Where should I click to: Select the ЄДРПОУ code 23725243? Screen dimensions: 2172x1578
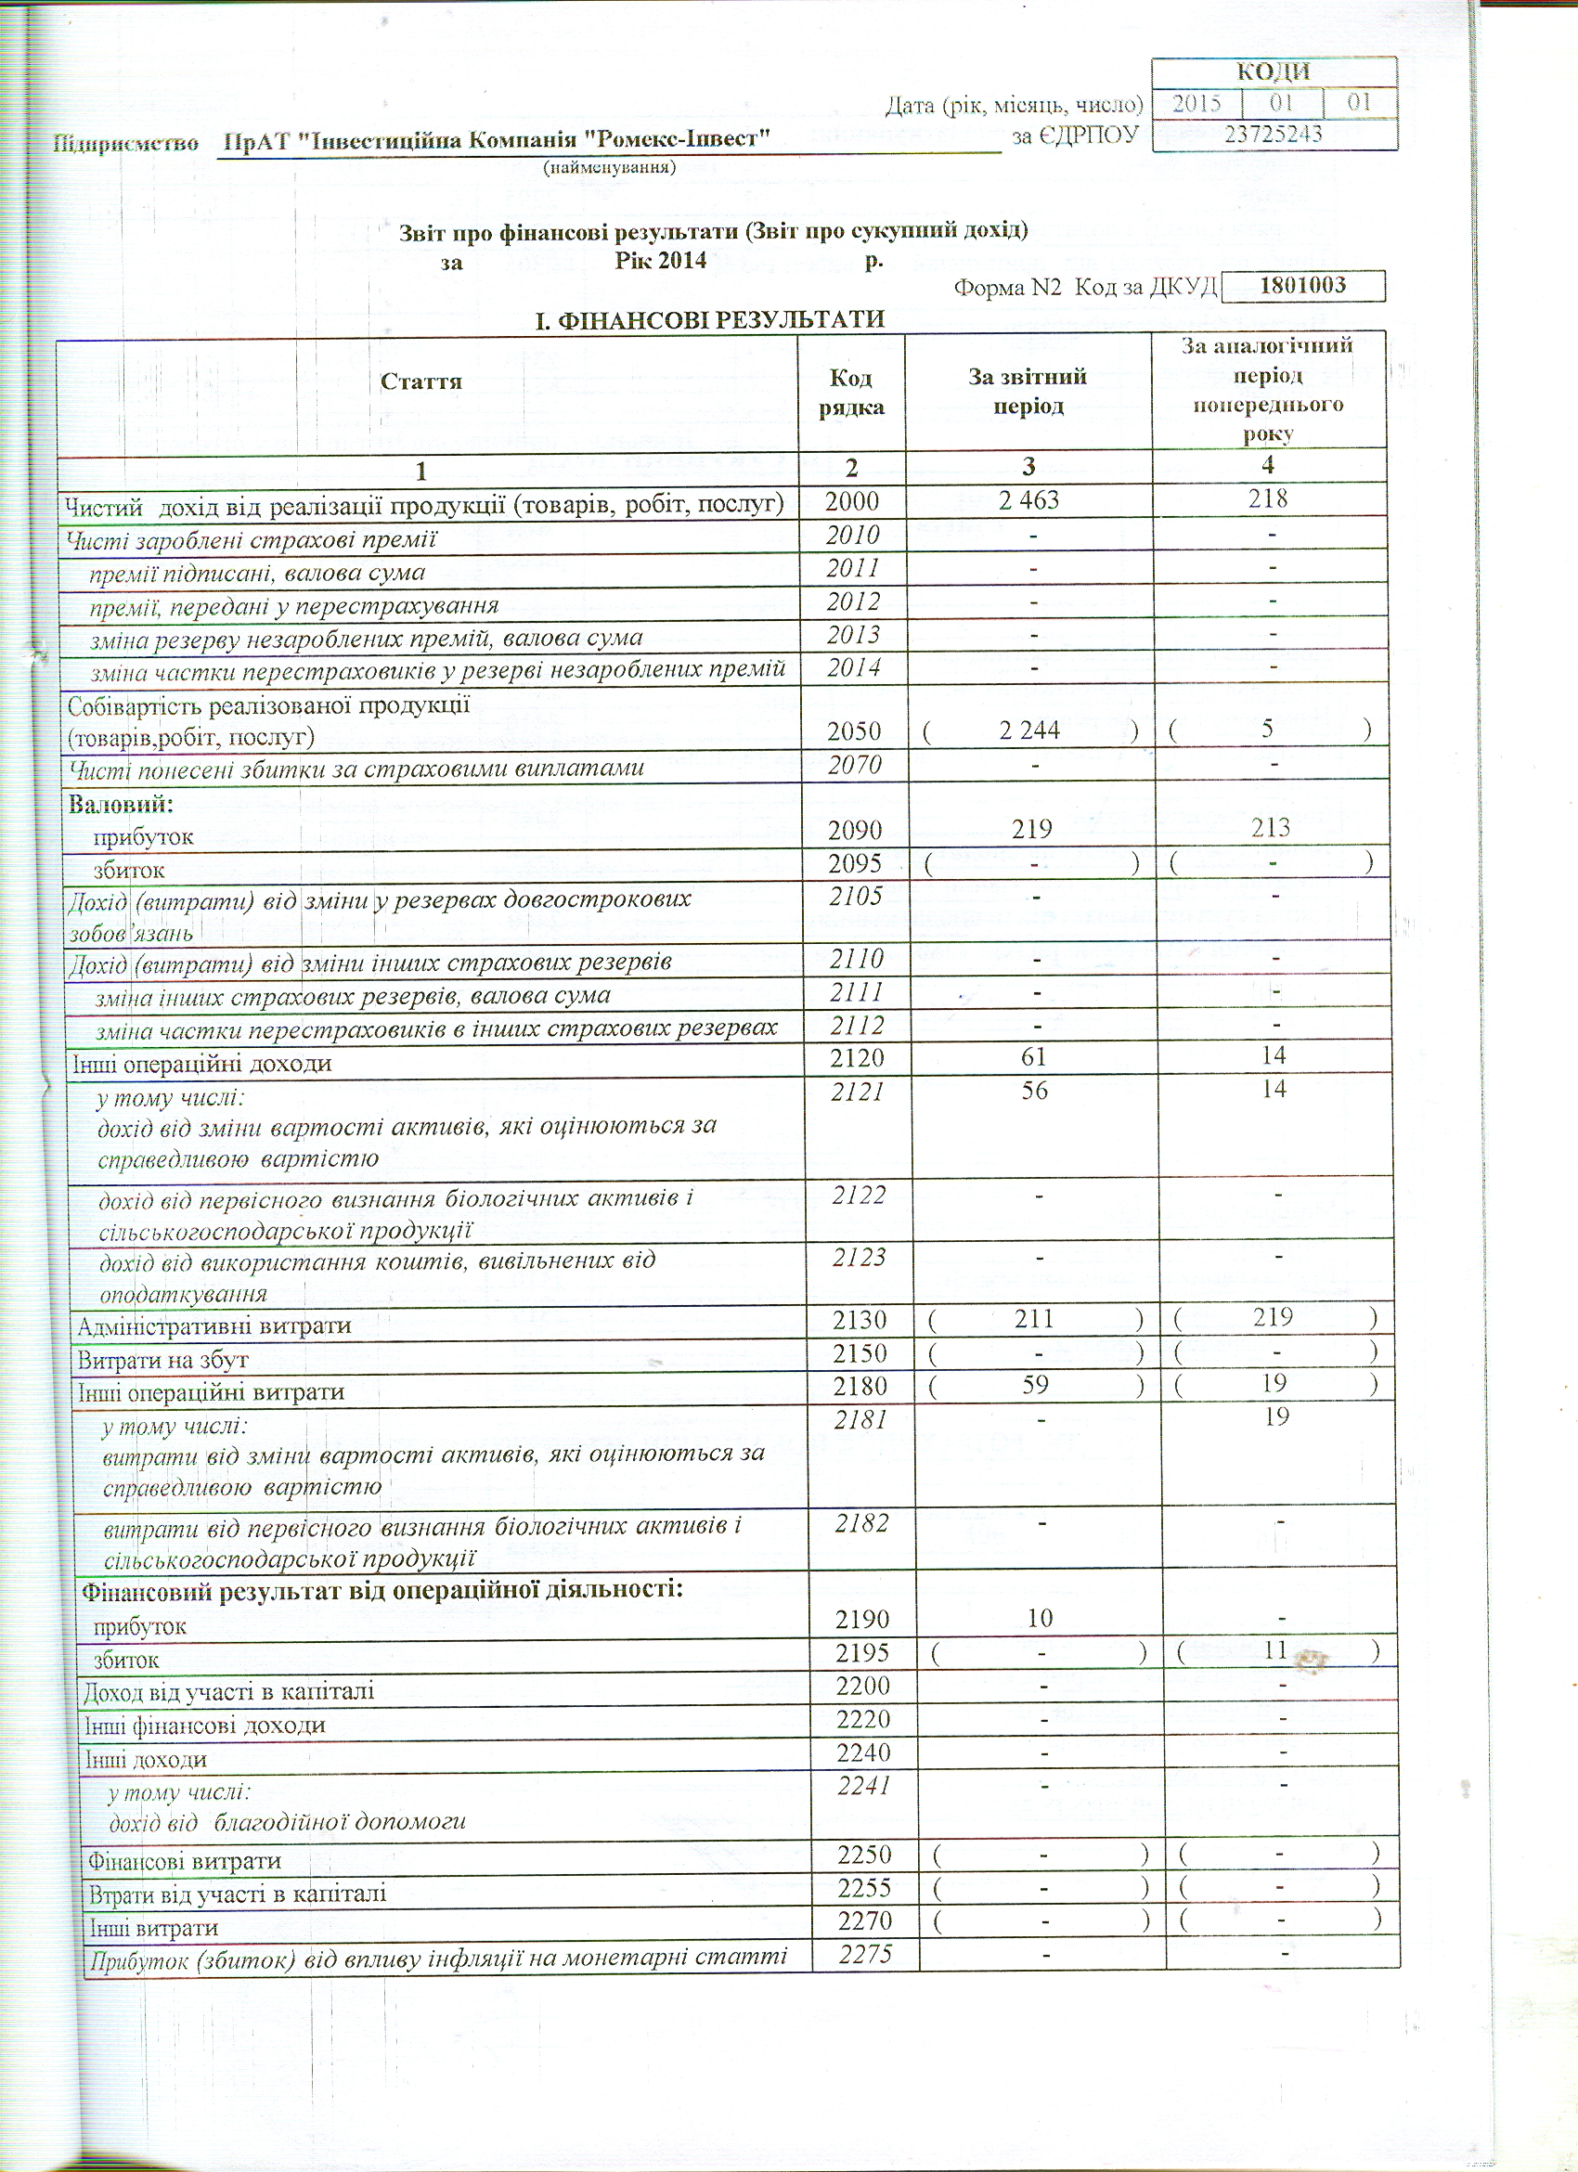point(1273,133)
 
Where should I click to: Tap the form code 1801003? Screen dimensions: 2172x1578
point(1303,284)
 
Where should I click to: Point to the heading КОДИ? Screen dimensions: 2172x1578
point(1273,71)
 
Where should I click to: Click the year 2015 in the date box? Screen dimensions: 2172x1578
point(1196,102)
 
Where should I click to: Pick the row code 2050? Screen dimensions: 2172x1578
point(853,730)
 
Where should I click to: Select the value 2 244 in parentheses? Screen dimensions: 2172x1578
point(1028,730)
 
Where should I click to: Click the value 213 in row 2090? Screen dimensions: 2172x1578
point(1270,827)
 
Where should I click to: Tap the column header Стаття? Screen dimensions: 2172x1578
point(421,381)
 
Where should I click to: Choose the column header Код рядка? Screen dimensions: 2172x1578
point(850,392)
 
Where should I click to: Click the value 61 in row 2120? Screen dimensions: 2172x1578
point(1033,1056)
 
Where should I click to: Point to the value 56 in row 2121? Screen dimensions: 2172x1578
point(1034,1090)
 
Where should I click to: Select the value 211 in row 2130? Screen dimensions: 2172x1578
point(1034,1319)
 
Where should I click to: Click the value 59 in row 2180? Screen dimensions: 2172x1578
point(1035,1384)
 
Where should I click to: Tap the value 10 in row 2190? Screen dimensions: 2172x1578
point(1039,1618)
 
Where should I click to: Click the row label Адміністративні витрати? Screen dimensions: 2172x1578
point(213,1326)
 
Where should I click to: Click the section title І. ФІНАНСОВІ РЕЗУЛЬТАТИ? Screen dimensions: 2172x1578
point(709,319)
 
